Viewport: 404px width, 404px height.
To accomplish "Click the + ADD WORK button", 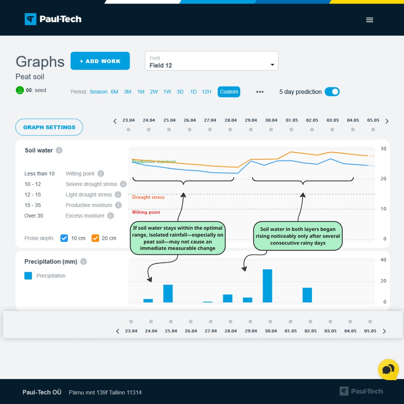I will [x=100, y=61].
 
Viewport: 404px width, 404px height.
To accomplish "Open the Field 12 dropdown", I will [x=211, y=61].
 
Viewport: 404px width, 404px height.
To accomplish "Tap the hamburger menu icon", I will [x=369, y=20].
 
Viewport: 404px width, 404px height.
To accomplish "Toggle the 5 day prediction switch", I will [x=332, y=92].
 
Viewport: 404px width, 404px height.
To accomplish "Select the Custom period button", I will [x=229, y=92].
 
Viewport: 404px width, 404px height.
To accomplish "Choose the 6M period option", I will [x=114, y=92].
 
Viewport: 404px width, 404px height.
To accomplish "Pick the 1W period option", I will [x=167, y=92].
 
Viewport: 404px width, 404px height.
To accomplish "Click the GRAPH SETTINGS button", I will [x=49, y=127].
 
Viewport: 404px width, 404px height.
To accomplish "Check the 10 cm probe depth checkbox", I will [x=64, y=238].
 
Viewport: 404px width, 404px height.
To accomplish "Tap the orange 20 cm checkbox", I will [x=95, y=238].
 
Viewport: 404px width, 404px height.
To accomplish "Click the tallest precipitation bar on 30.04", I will [x=267, y=286].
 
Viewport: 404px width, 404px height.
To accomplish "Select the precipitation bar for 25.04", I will [x=168, y=294].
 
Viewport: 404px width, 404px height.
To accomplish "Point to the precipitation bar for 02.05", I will [x=307, y=295].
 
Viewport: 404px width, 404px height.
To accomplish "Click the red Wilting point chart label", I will [x=146, y=212].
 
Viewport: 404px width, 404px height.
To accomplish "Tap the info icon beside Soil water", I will [x=59, y=150].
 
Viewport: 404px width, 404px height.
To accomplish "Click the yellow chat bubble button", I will [x=388, y=369].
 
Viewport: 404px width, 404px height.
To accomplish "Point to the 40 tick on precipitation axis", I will [x=383, y=260].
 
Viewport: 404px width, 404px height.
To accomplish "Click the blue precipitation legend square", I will [x=28, y=276].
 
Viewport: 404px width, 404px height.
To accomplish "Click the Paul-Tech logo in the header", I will [x=53, y=19].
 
